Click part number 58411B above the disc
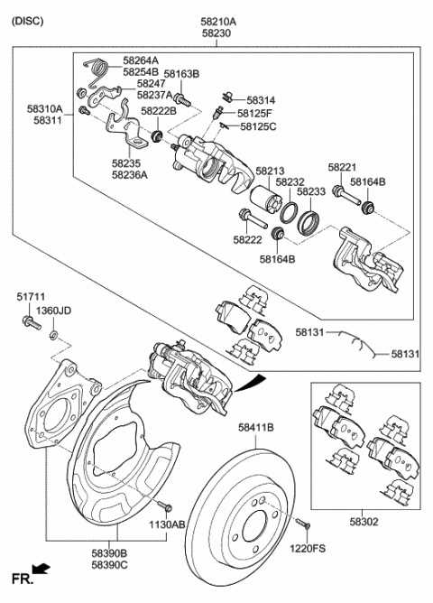[x=256, y=426]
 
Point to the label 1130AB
[x=168, y=523]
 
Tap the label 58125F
[x=255, y=114]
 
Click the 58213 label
[x=269, y=169]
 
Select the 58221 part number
[x=343, y=168]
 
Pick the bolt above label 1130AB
[x=164, y=506]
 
